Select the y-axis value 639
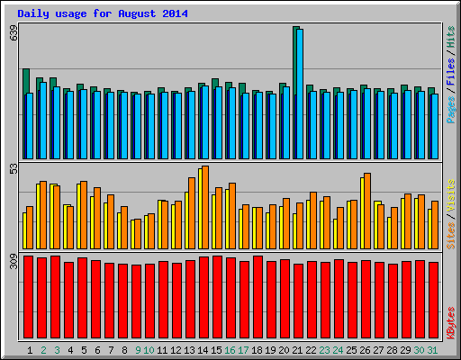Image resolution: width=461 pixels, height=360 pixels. pos(13,33)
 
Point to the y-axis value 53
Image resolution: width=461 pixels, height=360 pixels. pos(13,168)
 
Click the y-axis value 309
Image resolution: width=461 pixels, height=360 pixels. pos(13,263)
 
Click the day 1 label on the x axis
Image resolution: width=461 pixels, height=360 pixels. pos(31,350)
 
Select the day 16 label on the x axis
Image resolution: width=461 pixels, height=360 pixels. pos(230,350)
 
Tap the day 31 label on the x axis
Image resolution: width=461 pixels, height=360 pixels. pos(433,350)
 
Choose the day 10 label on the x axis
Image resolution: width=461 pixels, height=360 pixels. pos(149,350)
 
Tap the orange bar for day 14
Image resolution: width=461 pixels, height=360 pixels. pos(205,207)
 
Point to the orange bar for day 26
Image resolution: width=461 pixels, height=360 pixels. pos(367,211)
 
